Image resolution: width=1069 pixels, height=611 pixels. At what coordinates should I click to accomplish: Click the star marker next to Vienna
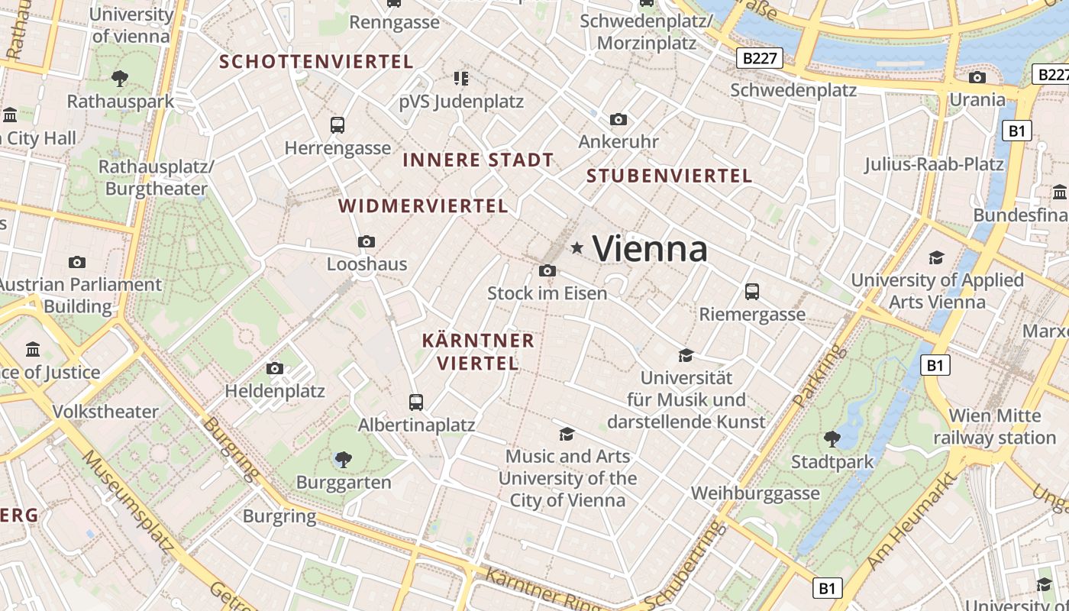click(577, 247)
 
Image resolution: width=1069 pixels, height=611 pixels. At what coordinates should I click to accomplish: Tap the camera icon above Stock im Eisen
click(547, 270)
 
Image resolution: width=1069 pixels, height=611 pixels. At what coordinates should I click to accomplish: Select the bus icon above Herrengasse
click(337, 124)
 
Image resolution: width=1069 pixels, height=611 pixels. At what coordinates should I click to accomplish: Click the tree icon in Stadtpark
click(832, 438)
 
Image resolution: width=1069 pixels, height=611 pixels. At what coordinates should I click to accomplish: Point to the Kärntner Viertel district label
click(478, 351)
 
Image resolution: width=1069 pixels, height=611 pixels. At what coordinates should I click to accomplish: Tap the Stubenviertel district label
click(669, 176)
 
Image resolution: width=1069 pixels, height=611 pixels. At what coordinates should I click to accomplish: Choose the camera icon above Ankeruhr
click(618, 119)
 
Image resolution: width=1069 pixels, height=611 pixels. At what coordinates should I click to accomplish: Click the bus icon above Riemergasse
click(752, 291)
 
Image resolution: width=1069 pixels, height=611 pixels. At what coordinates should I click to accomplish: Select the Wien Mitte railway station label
click(994, 427)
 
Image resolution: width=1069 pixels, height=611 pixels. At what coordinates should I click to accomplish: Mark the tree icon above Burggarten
click(344, 459)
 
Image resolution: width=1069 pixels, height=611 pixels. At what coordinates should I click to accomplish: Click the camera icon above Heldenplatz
click(275, 368)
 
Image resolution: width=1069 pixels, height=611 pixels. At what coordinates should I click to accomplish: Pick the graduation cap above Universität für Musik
click(686, 355)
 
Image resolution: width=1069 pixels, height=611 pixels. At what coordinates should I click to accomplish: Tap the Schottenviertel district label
click(316, 61)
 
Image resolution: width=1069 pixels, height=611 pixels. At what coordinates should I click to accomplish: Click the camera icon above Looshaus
click(367, 241)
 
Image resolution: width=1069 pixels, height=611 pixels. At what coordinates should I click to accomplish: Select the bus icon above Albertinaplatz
click(416, 402)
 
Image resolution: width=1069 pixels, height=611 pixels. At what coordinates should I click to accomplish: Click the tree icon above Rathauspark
click(120, 77)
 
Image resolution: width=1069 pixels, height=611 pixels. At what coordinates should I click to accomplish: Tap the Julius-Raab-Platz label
click(933, 164)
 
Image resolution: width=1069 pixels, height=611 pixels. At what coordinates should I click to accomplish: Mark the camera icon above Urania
click(977, 77)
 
